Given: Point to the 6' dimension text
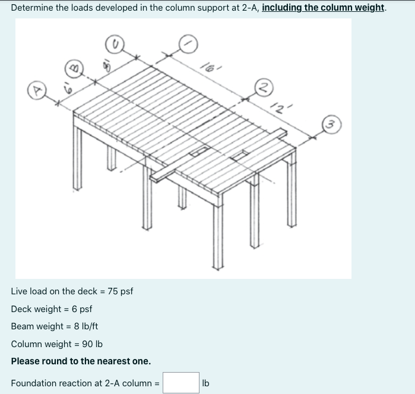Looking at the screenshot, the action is [x=68, y=88].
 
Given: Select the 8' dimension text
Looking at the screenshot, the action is [x=107, y=66].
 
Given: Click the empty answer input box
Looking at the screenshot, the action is [x=181, y=383].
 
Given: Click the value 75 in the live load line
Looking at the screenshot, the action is [x=112, y=291].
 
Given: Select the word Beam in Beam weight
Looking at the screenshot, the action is [x=23, y=326].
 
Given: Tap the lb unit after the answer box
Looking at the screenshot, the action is [x=205, y=383].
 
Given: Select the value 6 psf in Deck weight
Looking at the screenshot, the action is [x=82, y=309].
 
